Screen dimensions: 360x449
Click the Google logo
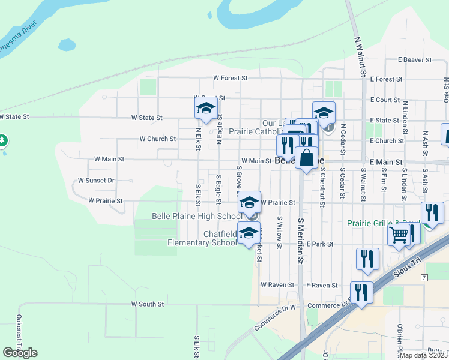pos(20,353)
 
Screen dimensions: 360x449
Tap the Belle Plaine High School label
pos(197,216)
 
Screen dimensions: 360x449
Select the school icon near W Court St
pos(205,109)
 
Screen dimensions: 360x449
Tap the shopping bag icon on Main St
pos(306,159)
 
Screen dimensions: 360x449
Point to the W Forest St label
pos(231,78)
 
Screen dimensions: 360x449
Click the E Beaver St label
pos(415,60)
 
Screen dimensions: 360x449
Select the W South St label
pos(148,304)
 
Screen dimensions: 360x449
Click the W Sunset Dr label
pos(96,180)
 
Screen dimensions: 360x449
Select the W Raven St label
pos(278,285)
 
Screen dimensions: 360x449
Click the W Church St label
pos(158,139)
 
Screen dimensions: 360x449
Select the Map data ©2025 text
pos(426,355)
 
